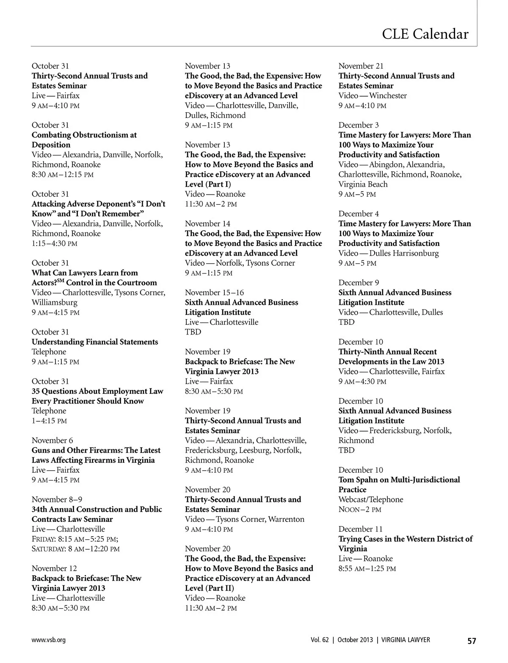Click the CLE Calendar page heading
coord(425,34)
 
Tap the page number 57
coord(472,641)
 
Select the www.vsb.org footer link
coord(49,640)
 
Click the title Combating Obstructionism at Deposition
coord(84,140)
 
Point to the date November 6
coord(52,440)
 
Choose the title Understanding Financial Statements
coord(95,342)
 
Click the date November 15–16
coord(214,292)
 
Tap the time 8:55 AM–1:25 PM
coord(367,568)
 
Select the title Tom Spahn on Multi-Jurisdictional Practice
coord(399,485)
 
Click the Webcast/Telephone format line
coord(370,499)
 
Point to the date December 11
coord(360,529)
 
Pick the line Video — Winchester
coord(373,96)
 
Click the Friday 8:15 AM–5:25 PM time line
coord(75,539)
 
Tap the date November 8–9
coord(57,499)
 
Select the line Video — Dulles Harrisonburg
coord(388,253)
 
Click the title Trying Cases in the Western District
coord(405,544)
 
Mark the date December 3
coord(359,125)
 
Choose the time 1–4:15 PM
coord(50,421)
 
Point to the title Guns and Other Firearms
coord(96,455)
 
